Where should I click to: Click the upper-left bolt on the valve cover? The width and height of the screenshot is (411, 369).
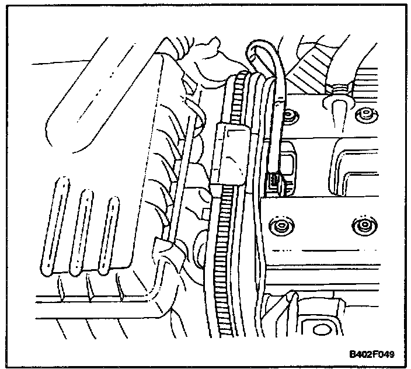(x=289, y=118)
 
